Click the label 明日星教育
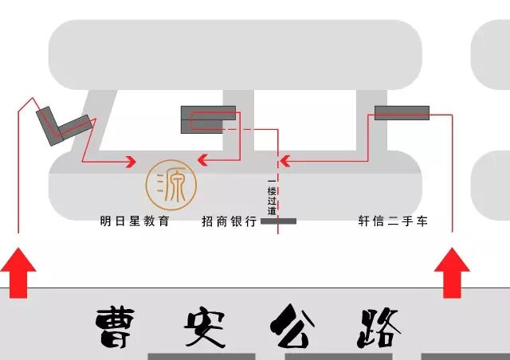coord(135,221)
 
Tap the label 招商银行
coord(229,221)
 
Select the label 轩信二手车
coord(393,221)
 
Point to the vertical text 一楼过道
coord(272,198)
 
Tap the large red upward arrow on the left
coord(18,273)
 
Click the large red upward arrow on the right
coord(452,273)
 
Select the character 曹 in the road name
coord(119,326)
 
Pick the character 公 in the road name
coord(291,326)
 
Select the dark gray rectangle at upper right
coord(402,112)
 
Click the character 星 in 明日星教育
coord(135,221)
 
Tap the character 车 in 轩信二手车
coord(422,221)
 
